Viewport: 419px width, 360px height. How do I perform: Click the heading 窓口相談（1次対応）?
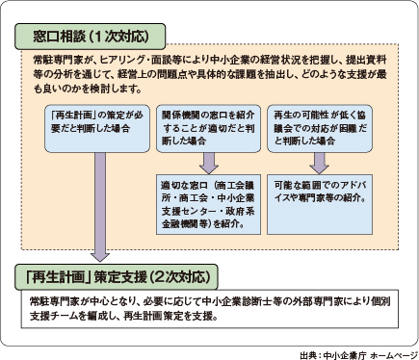tap(91, 38)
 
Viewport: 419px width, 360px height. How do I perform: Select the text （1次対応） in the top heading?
tap(119, 38)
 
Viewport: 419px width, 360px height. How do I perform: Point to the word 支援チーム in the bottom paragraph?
tap(48, 317)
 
